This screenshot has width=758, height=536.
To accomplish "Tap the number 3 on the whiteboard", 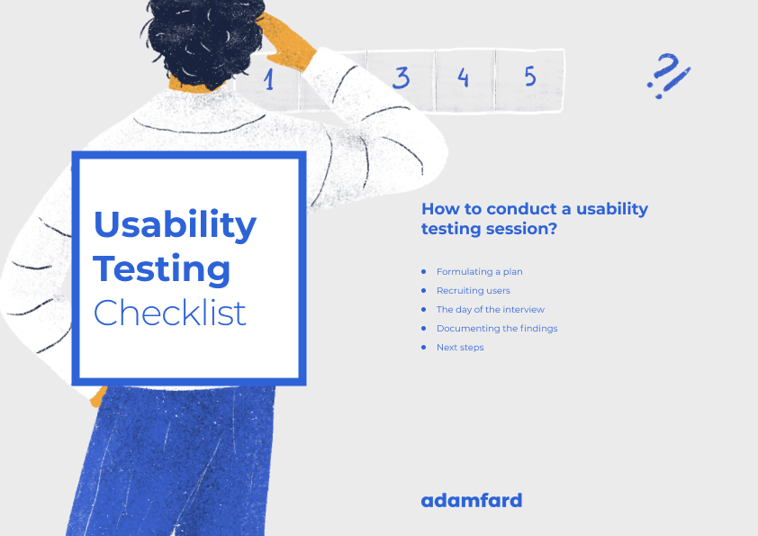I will click(401, 77).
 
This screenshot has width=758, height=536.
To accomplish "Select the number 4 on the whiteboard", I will click(463, 77).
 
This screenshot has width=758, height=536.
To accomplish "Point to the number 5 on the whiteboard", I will click(530, 77).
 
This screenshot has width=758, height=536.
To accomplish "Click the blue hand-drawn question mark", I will click(668, 75).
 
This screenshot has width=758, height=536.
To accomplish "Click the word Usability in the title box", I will click(175, 224).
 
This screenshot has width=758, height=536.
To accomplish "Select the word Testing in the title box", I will click(162, 268).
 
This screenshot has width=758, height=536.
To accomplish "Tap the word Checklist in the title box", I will click(170, 313).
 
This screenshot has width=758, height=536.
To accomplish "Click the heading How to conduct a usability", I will click(534, 209).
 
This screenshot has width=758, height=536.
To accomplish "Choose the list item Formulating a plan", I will click(479, 271).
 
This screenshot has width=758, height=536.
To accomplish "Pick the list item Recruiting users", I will click(473, 290).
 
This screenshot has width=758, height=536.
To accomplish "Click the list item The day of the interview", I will click(491, 309).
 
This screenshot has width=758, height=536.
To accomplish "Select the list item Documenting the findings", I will click(497, 328).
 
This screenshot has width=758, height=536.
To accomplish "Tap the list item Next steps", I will click(460, 347).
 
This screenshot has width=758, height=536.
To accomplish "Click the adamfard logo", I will click(471, 500).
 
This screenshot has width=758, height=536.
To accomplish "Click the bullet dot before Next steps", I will click(424, 347).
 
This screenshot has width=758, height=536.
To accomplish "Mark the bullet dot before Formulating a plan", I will click(424, 271).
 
